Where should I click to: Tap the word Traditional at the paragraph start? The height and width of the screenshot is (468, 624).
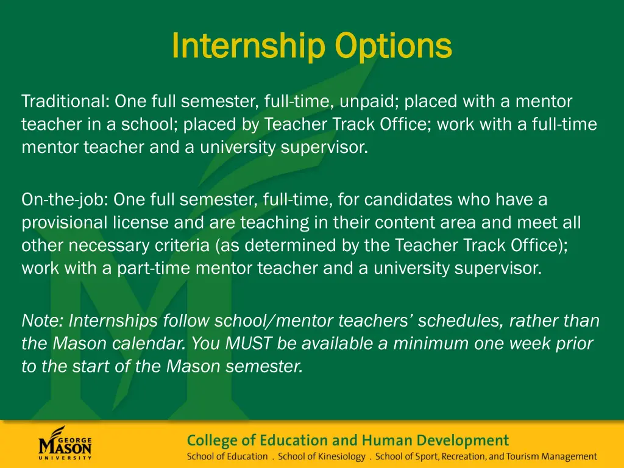click(65, 101)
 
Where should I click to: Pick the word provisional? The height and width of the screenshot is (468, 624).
click(61, 223)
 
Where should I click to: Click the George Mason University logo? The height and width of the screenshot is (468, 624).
click(66, 444)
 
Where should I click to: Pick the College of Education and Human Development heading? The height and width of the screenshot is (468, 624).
click(347, 440)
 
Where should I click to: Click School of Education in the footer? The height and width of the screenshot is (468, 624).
click(227, 456)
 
